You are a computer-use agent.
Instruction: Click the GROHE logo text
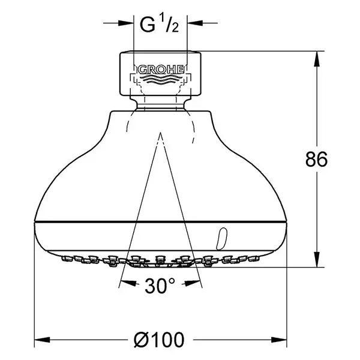point(161,70)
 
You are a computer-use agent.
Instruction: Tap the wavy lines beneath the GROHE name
point(160,78)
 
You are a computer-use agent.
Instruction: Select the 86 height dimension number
point(316,160)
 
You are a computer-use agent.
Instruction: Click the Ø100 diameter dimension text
point(159,340)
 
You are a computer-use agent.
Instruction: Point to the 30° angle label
point(160,286)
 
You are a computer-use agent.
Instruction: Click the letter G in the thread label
point(148,25)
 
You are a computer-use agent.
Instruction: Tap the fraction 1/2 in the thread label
point(169,23)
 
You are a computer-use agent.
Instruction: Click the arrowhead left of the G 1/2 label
point(126,23)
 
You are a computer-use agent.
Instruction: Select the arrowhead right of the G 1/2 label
point(195,23)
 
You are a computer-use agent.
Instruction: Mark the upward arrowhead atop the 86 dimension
point(317,59)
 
